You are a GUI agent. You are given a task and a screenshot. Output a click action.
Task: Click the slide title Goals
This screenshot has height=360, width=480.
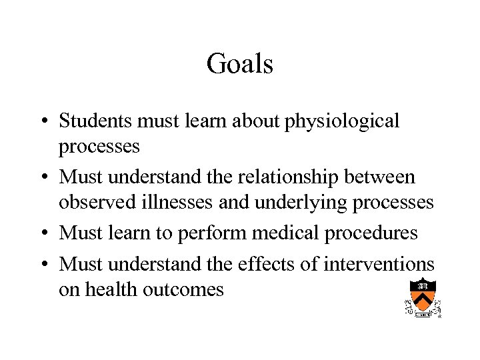point(240,64)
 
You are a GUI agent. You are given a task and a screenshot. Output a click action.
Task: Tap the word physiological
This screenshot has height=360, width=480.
point(343,122)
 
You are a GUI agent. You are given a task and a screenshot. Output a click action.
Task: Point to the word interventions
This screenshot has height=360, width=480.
point(379,264)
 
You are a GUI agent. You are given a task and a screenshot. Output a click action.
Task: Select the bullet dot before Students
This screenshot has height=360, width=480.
point(42,122)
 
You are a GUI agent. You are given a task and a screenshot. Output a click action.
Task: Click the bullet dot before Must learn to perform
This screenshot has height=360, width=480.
point(42,234)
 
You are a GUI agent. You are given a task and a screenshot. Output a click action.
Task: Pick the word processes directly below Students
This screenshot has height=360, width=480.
point(99,147)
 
